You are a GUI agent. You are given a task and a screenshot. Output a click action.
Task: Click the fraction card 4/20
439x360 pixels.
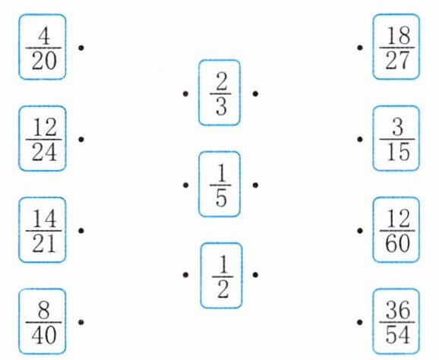(x=43, y=47)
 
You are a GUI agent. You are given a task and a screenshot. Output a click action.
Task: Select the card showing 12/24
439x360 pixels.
(x=43, y=138)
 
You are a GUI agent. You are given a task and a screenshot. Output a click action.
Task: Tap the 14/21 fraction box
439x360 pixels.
(x=43, y=230)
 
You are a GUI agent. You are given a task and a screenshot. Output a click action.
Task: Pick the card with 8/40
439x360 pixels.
(x=43, y=322)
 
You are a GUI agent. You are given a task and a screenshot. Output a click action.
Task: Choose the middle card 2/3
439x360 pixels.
(x=219, y=93)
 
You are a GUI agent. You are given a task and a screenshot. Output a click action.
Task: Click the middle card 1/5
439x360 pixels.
(x=219, y=185)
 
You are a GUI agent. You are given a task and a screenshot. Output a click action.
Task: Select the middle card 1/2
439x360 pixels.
(x=221, y=276)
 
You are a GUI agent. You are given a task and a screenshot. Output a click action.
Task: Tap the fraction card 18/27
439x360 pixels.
(x=396, y=47)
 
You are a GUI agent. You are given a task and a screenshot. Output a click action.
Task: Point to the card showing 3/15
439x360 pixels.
(x=396, y=138)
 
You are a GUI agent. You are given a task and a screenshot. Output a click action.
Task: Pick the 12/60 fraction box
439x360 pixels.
(x=396, y=230)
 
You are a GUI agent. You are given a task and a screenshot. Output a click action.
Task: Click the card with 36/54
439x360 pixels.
(x=396, y=321)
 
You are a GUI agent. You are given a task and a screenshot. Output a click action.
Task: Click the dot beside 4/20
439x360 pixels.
(x=81, y=48)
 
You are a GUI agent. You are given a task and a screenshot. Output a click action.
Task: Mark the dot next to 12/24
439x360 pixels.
(x=81, y=139)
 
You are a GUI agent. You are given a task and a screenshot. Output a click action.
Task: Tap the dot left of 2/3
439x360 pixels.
(x=185, y=93)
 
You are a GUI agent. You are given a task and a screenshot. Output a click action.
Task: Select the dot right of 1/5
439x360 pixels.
(x=255, y=185)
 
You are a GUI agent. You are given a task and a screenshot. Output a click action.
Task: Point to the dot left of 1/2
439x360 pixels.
(x=185, y=275)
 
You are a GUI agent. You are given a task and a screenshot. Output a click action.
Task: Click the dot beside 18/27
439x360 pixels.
(x=360, y=48)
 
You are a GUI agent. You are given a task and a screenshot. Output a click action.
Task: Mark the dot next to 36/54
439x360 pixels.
(x=360, y=322)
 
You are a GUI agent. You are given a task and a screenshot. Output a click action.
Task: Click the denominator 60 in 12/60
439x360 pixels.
(x=397, y=243)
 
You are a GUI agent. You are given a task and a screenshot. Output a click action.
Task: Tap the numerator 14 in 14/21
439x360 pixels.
(x=45, y=219)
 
